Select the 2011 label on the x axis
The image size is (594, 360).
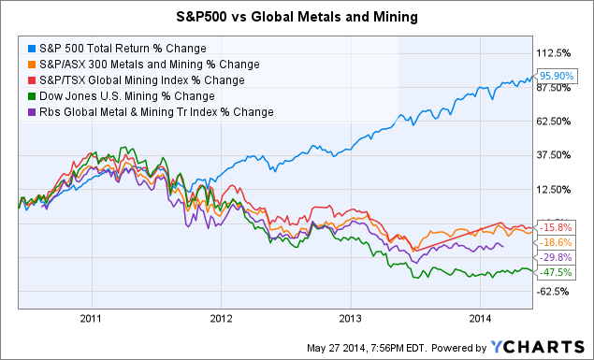coord(91,317)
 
